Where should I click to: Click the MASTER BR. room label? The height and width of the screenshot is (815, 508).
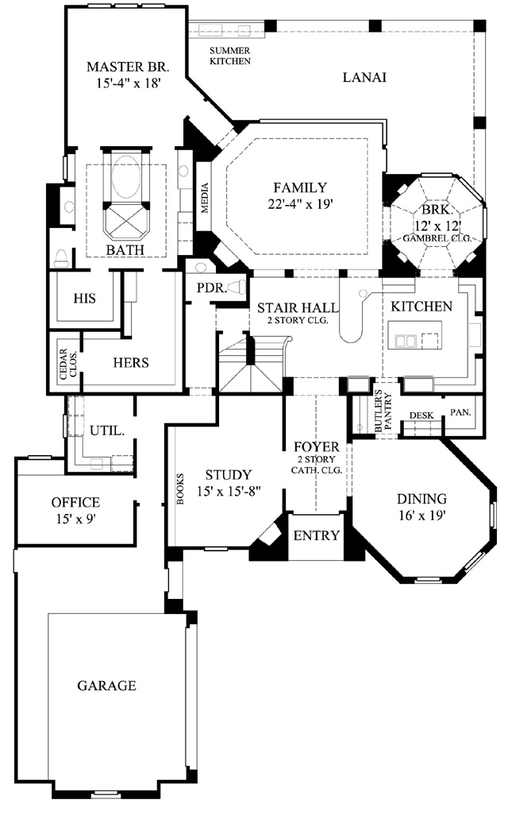tap(128, 67)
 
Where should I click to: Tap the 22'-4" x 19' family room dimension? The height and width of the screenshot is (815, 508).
tap(300, 204)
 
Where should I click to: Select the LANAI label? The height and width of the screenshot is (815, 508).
tap(364, 77)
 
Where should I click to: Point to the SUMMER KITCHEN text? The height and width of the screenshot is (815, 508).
tap(229, 56)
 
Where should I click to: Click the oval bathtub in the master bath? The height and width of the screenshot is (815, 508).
tap(126, 176)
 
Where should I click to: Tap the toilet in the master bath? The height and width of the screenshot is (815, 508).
tap(62, 258)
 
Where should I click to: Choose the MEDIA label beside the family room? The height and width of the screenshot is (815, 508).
tap(205, 198)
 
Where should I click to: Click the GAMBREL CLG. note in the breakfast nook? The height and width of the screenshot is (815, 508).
tap(437, 238)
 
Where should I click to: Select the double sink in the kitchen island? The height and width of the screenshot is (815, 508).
tap(406, 341)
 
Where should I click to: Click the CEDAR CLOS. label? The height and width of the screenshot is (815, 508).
tap(68, 363)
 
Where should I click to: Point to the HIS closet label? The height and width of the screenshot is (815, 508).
tap(85, 299)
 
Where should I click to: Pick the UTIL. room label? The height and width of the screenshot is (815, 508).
tap(106, 431)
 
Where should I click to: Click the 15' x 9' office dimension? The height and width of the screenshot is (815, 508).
tap(76, 519)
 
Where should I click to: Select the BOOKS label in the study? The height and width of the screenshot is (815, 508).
tap(180, 489)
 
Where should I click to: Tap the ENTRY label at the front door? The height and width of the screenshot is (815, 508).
tap(317, 536)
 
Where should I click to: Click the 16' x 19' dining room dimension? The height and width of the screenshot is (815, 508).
tap(421, 515)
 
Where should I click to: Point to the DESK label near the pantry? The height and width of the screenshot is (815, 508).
tap(421, 415)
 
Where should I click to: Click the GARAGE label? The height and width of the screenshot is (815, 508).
tap(107, 686)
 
